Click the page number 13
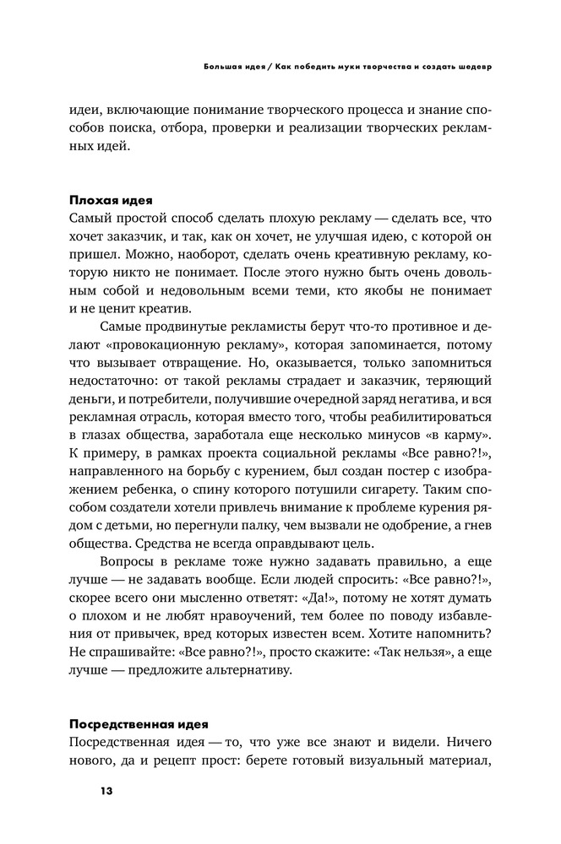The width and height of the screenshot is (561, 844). click(106, 790)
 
